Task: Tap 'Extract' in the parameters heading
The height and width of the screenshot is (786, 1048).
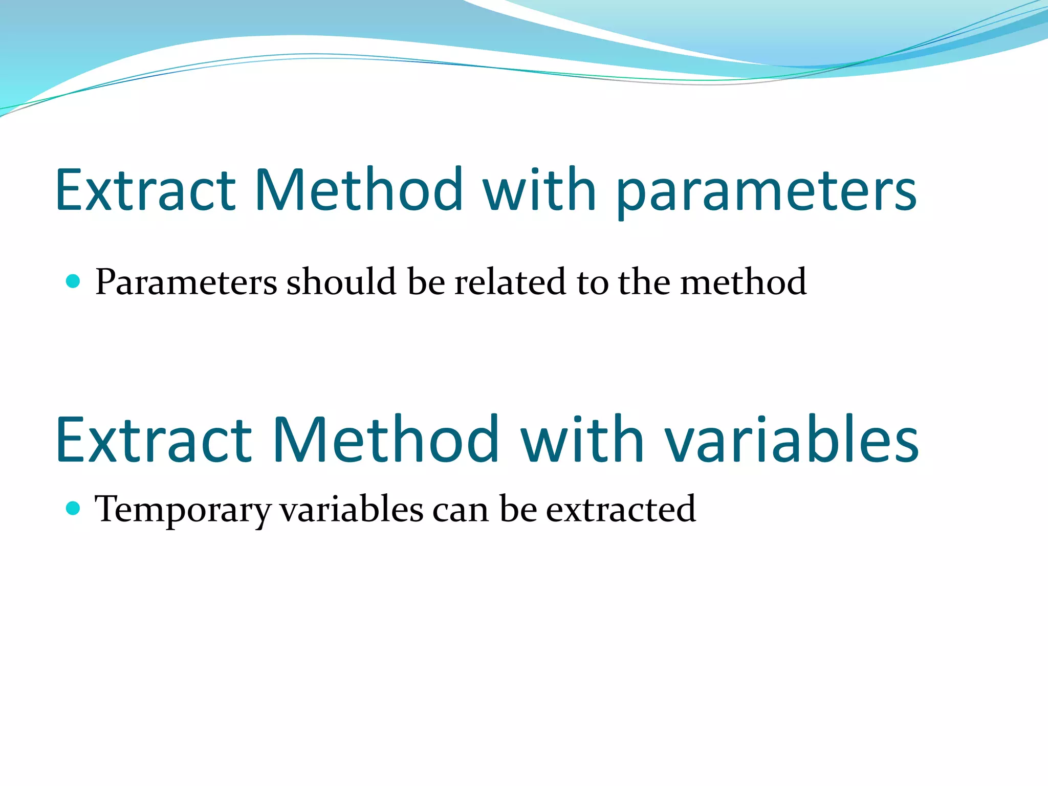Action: tap(145, 190)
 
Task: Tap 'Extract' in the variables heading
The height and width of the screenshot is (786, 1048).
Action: tap(153, 440)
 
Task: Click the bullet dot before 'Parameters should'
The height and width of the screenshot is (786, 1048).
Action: tap(74, 281)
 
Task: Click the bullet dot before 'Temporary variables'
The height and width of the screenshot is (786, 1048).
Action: tap(74, 508)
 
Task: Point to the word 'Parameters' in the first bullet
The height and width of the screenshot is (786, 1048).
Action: tap(186, 282)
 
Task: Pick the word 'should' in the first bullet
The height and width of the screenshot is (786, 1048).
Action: tap(341, 281)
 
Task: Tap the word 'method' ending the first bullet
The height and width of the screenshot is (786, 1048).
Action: tap(743, 281)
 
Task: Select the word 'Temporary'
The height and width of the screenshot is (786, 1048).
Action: tap(183, 510)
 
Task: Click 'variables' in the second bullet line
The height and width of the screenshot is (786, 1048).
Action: tap(352, 509)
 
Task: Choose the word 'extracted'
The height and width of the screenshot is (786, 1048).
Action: tap(621, 509)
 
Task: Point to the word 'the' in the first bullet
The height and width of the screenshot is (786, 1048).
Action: tap(644, 281)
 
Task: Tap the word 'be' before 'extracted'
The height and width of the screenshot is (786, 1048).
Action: tap(518, 509)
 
